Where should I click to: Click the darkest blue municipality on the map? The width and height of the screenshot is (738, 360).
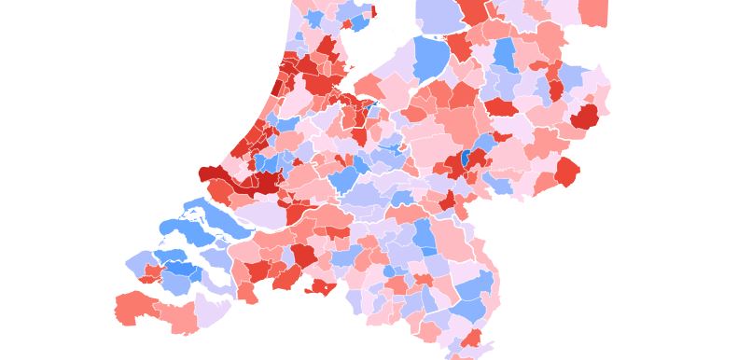[x=465, y=158]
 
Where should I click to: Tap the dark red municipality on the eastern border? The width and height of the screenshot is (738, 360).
[x=585, y=117]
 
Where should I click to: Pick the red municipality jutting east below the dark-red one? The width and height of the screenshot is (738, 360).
[x=566, y=172]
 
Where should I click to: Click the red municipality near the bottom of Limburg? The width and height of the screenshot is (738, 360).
[x=472, y=338]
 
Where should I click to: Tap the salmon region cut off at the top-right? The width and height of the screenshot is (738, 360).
[x=593, y=12]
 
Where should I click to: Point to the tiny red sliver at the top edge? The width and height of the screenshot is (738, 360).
[x=374, y=11]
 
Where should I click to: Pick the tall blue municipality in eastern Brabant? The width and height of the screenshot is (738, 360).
[x=425, y=237]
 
